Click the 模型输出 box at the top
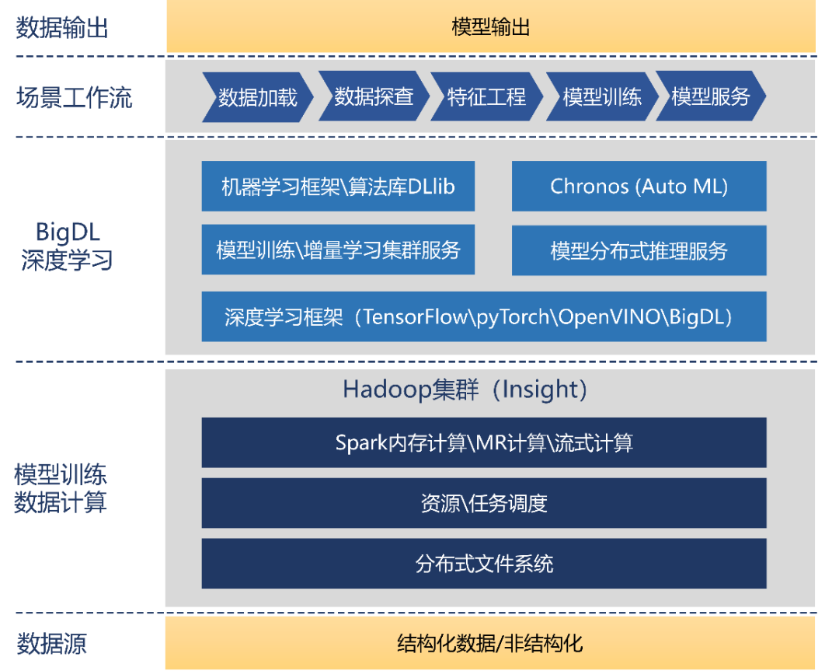[491, 28]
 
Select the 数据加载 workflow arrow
[258, 97]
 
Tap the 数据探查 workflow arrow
[373, 97]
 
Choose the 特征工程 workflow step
[486, 97]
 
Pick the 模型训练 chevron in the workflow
[601, 97]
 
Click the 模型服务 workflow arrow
[710, 97]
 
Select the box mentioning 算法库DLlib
[338, 187]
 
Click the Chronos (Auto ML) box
[639, 187]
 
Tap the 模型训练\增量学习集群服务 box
[338, 250]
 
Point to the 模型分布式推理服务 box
[639, 250]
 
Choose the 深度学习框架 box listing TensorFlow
[483, 317]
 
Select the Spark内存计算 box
[483, 443]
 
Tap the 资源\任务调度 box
[483, 503]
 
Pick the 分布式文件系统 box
[483, 563]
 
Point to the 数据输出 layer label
[62, 28]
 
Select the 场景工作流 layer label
[75, 98]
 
